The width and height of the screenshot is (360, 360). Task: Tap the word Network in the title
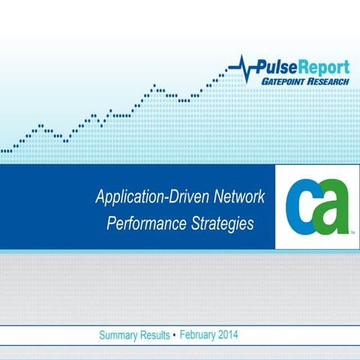pyautogui.click(x=238, y=199)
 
